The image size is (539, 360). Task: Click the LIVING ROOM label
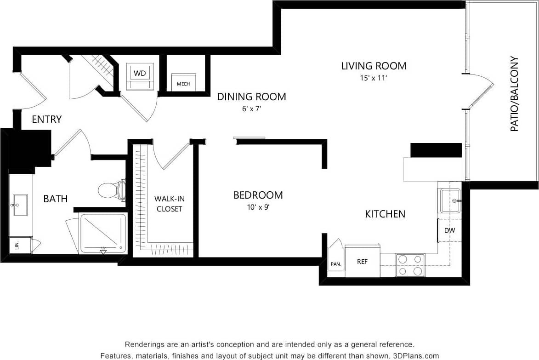[x=374, y=66]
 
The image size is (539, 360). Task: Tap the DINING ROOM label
[x=251, y=97]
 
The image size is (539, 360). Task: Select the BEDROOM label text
[x=258, y=195]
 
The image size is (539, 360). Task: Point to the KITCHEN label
[x=385, y=214]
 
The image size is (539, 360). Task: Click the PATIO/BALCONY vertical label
[x=514, y=94]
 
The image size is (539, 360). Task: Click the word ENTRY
[x=46, y=120]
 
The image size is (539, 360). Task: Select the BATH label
[x=56, y=199]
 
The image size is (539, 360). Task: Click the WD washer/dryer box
[x=140, y=73]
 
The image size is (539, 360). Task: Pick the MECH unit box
[x=183, y=83]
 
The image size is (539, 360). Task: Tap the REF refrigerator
[x=363, y=261]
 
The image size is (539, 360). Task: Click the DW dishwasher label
[x=449, y=230]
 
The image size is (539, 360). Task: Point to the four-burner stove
[x=410, y=265]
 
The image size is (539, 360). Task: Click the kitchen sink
[x=450, y=201]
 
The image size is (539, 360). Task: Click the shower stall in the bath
[x=103, y=233]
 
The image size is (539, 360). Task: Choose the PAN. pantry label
[x=335, y=264]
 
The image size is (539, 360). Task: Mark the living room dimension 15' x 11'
[x=374, y=78]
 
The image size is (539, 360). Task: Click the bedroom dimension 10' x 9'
[x=258, y=207]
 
